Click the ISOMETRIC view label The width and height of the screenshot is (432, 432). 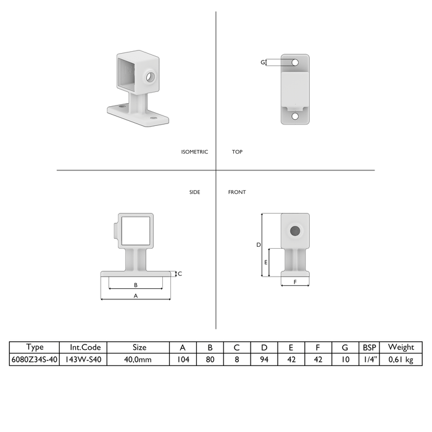(x=194, y=152)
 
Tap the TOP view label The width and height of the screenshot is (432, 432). (x=237, y=152)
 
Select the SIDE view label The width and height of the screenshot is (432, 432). (x=195, y=192)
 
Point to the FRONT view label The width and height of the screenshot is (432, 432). (x=237, y=192)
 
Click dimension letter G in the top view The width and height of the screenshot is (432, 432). (x=263, y=62)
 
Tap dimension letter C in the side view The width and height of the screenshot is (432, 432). (x=180, y=273)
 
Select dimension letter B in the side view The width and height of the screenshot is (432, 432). (x=136, y=285)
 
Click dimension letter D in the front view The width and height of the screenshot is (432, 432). (x=259, y=244)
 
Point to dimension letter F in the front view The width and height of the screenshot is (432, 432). (x=295, y=282)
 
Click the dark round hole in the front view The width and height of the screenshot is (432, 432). (x=295, y=231)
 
